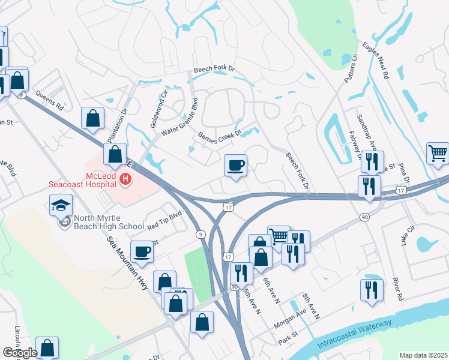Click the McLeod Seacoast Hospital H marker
125,178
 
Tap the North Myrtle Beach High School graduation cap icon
61,206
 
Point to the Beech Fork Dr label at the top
216,71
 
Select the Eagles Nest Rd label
376,60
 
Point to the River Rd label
396,288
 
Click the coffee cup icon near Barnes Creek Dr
235,165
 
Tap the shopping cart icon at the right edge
438,153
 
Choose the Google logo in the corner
20,353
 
